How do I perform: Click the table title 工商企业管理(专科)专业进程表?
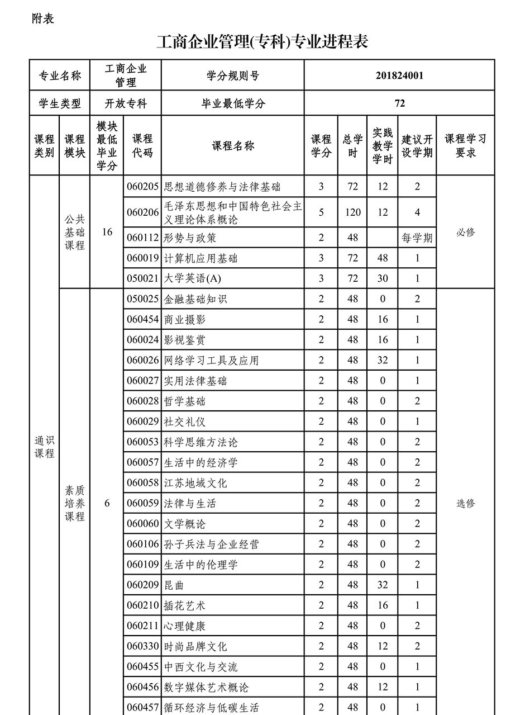click(x=262, y=42)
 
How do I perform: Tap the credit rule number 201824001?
click(x=399, y=75)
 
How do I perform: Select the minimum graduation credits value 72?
click(x=399, y=103)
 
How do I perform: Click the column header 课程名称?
click(x=233, y=146)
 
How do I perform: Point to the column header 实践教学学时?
click(x=383, y=146)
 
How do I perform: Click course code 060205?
click(x=143, y=186)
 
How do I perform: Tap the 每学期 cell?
click(x=417, y=238)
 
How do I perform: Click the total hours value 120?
click(x=352, y=212)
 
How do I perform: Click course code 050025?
click(x=143, y=299)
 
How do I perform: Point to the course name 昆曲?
click(x=174, y=585)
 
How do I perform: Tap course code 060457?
click(x=143, y=708)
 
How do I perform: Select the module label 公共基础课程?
click(x=75, y=232)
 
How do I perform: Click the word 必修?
click(x=465, y=232)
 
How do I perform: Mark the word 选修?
click(x=465, y=503)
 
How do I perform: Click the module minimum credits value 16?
click(x=107, y=232)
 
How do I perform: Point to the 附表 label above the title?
click(x=44, y=18)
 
